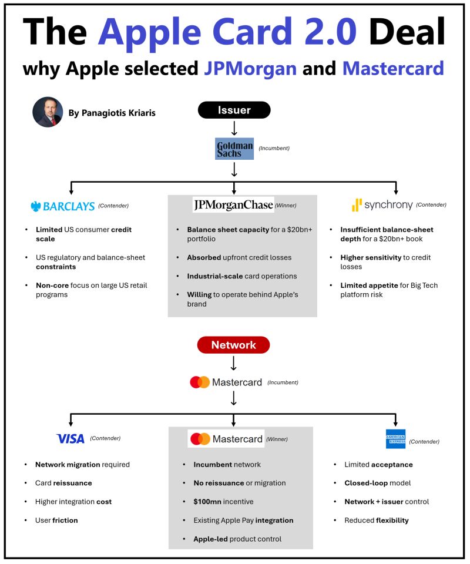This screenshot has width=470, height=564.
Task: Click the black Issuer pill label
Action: (234, 110)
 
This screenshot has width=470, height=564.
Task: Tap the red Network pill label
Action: (233, 345)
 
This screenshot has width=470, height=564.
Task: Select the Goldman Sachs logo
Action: (234, 149)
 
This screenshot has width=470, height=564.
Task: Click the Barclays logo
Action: (62, 206)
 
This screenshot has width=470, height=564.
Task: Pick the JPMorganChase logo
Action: (233, 205)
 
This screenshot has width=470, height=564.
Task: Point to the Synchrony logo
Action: (382, 205)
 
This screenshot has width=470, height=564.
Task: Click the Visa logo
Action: (70, 438)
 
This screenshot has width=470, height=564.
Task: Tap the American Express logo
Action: (395, 439)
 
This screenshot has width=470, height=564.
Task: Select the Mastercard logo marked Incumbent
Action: (226, 382)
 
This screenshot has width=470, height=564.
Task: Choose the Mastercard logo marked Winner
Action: (226, 439)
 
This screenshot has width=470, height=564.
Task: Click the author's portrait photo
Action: (48, 112)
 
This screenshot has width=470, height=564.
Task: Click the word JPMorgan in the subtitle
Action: (250, 68)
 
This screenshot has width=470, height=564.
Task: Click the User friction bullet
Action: (56, 521)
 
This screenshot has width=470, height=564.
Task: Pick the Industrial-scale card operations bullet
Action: (242, 276)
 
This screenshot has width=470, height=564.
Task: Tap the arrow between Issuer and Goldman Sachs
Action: (234, 128)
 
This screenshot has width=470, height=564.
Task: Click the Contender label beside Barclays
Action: (113, 206)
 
